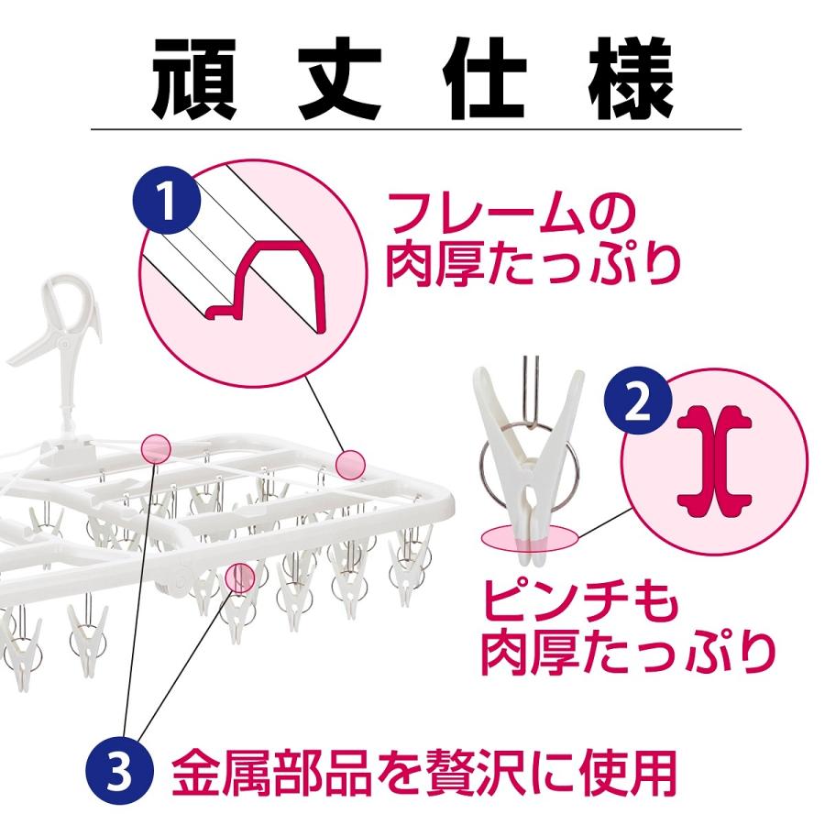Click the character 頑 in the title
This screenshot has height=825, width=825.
pos(202,76)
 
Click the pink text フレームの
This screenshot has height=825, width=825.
pos(510,215)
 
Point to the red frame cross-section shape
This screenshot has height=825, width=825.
pos(274,279)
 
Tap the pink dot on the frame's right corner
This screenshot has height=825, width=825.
pos(349,464)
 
